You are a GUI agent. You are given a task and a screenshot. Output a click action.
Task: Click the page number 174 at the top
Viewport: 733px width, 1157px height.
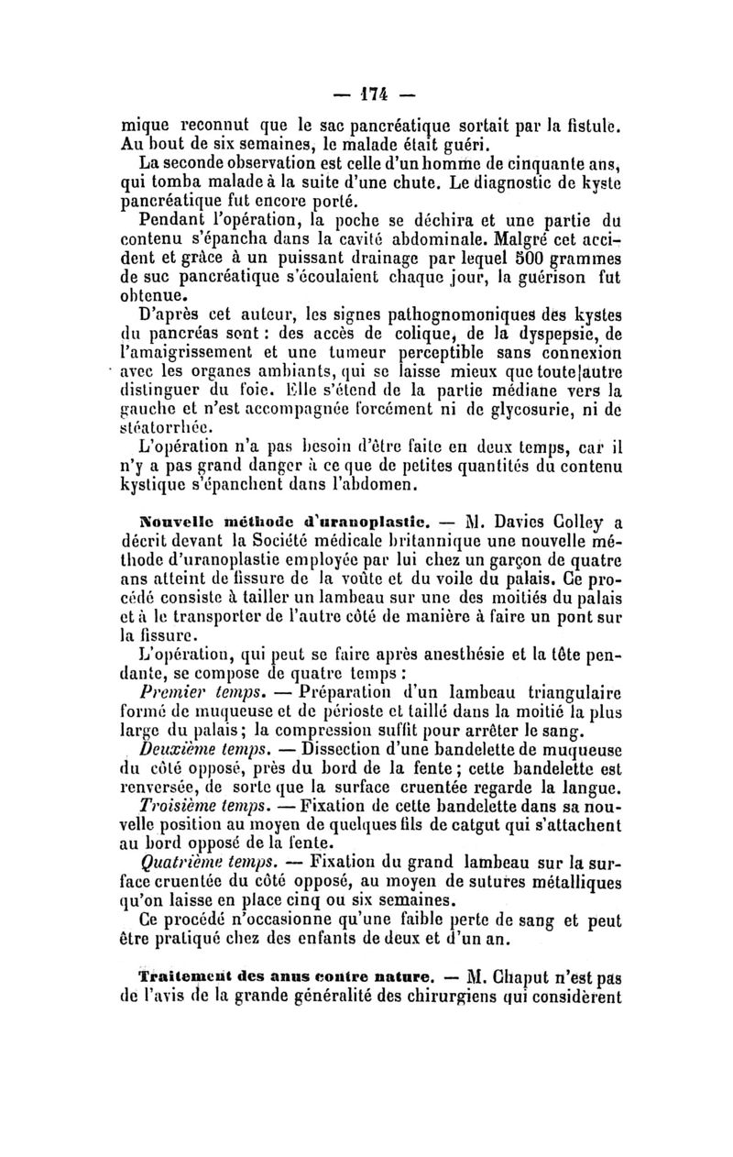(366, 94)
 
